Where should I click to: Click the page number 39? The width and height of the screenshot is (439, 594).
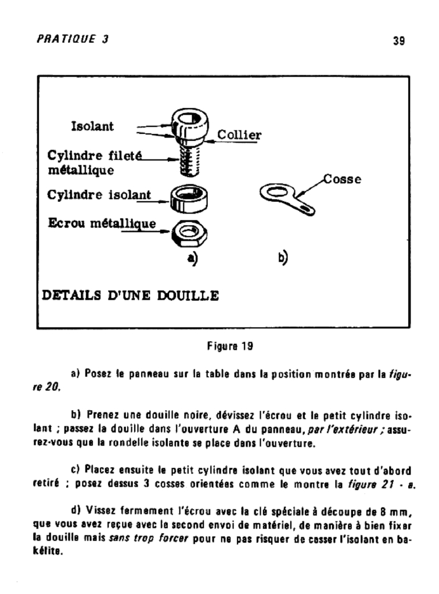pos(398,41)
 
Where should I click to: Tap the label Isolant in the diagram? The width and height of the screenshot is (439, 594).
pos(92,126)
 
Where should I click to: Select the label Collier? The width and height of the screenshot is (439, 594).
pos(239,135)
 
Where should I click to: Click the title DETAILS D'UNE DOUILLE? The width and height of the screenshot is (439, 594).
pos(131,296)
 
